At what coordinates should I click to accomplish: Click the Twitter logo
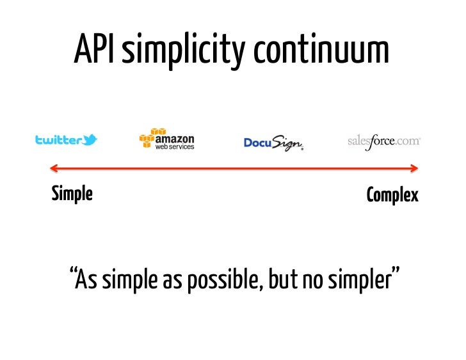66,140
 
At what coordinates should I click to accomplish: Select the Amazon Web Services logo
166,139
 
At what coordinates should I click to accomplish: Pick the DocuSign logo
273,143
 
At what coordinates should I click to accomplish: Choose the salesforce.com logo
383,141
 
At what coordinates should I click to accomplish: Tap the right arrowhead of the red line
415,169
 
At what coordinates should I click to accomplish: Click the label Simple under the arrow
72,194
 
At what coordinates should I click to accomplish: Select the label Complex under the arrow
392,195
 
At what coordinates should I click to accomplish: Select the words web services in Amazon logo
173,146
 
